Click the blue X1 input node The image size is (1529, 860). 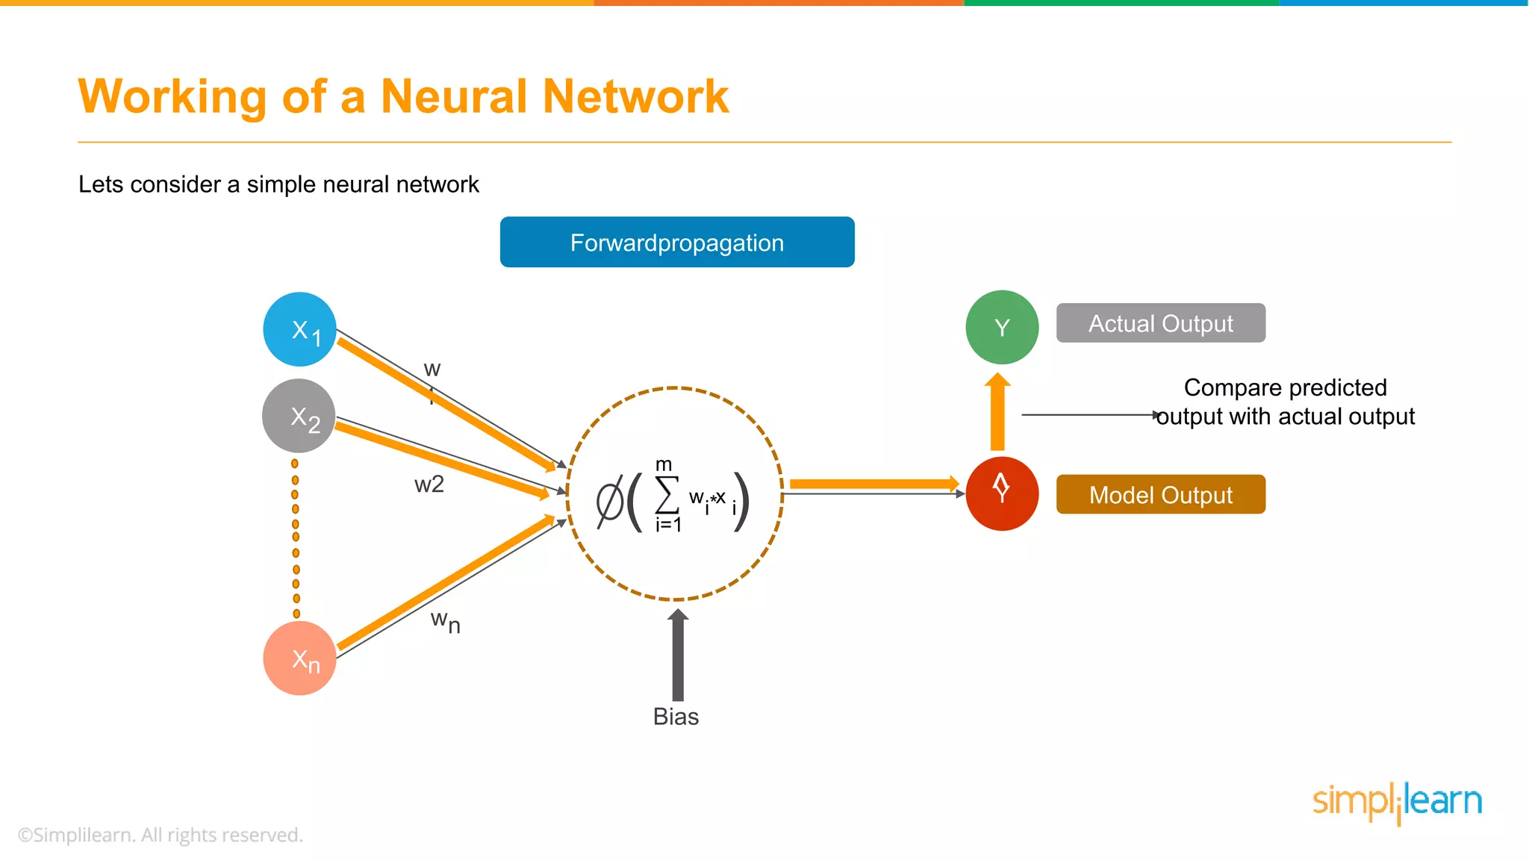tap(299, 329)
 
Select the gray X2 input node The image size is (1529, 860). tap(299, 416)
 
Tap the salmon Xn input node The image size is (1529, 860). tap(299, 658)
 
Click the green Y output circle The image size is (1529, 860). tap(1002, 327)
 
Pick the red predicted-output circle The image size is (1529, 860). tap(1002, 493)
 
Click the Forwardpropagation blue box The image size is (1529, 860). tap(677, 242)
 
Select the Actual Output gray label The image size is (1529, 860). tap(1160, 323)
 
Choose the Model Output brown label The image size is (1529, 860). tap(1160, 494)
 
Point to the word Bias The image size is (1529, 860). tap(676, 717)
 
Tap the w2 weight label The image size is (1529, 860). tap(429, 484)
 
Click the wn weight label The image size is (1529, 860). tap(445, 621)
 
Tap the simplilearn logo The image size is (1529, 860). tap(1397, 802)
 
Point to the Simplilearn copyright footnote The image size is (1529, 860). tap(161, 835)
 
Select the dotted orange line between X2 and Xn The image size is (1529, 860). tap(296, 537)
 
